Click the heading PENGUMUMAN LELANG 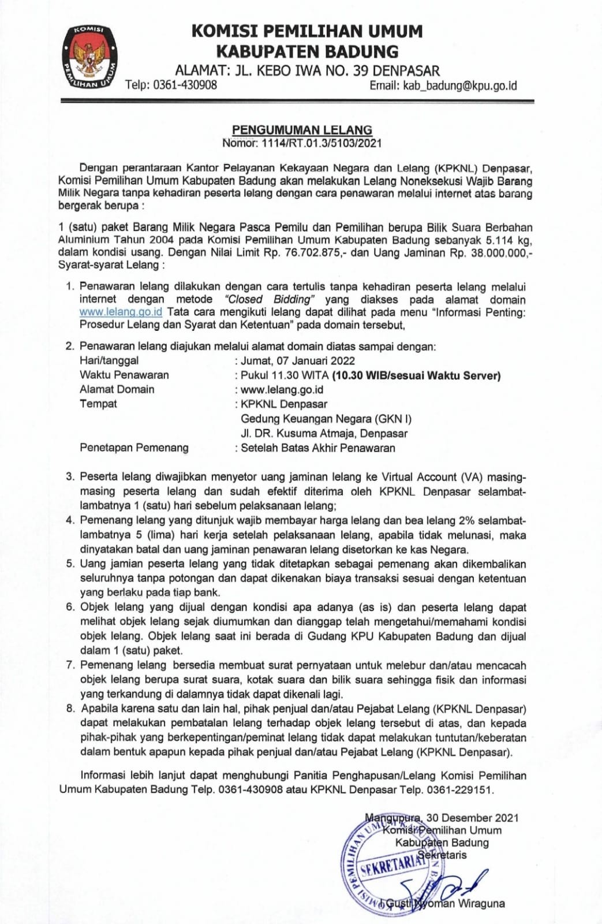click(x=302, y=130)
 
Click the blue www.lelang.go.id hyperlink click(x=121, y=312)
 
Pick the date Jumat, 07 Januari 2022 click(x=298, y=360)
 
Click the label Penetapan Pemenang click(x=134, y=448)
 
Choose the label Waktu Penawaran click(x=124, y=375)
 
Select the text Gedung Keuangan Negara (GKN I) click(x=326, y=419)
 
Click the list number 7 click(x=70, y=665)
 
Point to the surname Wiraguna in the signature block click(x=481, y=903)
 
